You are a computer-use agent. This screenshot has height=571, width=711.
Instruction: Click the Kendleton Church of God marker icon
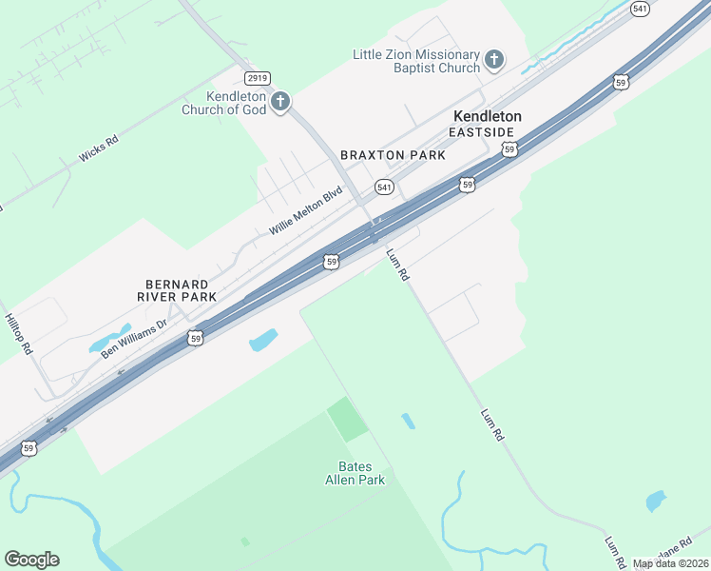pos(279,101)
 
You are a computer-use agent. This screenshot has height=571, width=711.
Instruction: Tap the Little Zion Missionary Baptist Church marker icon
pos(493,61)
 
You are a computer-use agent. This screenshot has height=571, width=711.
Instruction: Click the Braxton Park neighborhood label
pos(393,154)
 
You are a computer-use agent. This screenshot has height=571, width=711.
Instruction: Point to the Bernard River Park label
pos(181,290)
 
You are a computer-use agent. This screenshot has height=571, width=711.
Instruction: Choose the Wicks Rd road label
pos(99,148)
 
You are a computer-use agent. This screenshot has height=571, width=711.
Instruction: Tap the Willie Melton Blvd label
pos(305,211)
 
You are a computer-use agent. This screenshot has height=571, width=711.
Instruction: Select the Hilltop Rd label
pos(18,334)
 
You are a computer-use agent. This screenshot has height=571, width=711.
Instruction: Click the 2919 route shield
pos(257,77)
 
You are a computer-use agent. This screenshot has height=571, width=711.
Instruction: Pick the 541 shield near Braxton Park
pos(384,187)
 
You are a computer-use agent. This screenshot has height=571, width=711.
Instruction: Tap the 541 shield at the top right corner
pos(640,9)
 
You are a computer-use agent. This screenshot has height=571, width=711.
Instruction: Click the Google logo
pos(31,560)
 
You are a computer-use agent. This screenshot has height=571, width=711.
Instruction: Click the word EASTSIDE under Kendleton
pos(482,132)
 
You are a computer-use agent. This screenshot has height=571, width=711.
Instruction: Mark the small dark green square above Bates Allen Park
pos(347,419)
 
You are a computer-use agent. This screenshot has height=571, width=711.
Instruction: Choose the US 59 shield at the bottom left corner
pos(29,447)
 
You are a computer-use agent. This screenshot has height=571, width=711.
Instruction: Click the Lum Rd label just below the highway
pos(397,264)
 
